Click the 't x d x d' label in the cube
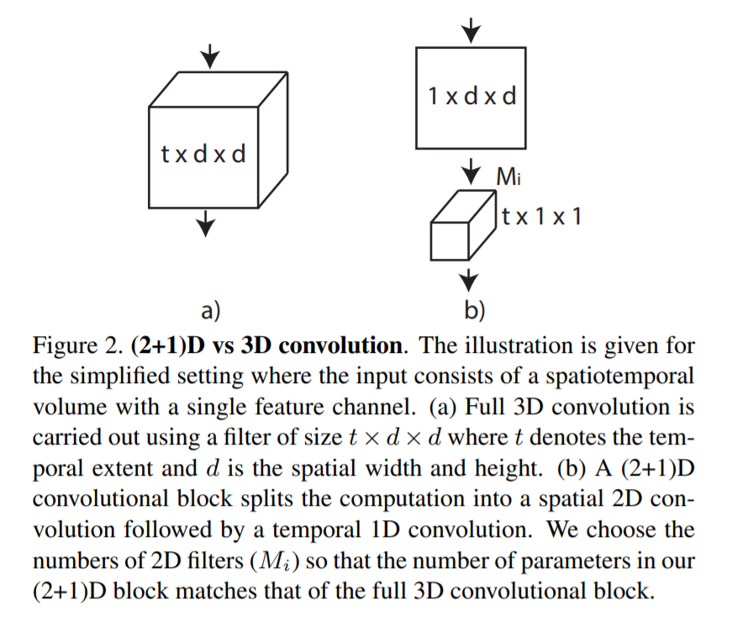203,155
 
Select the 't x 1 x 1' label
541,217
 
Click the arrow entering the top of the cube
208,56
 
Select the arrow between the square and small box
471,168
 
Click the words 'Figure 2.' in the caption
77,346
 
